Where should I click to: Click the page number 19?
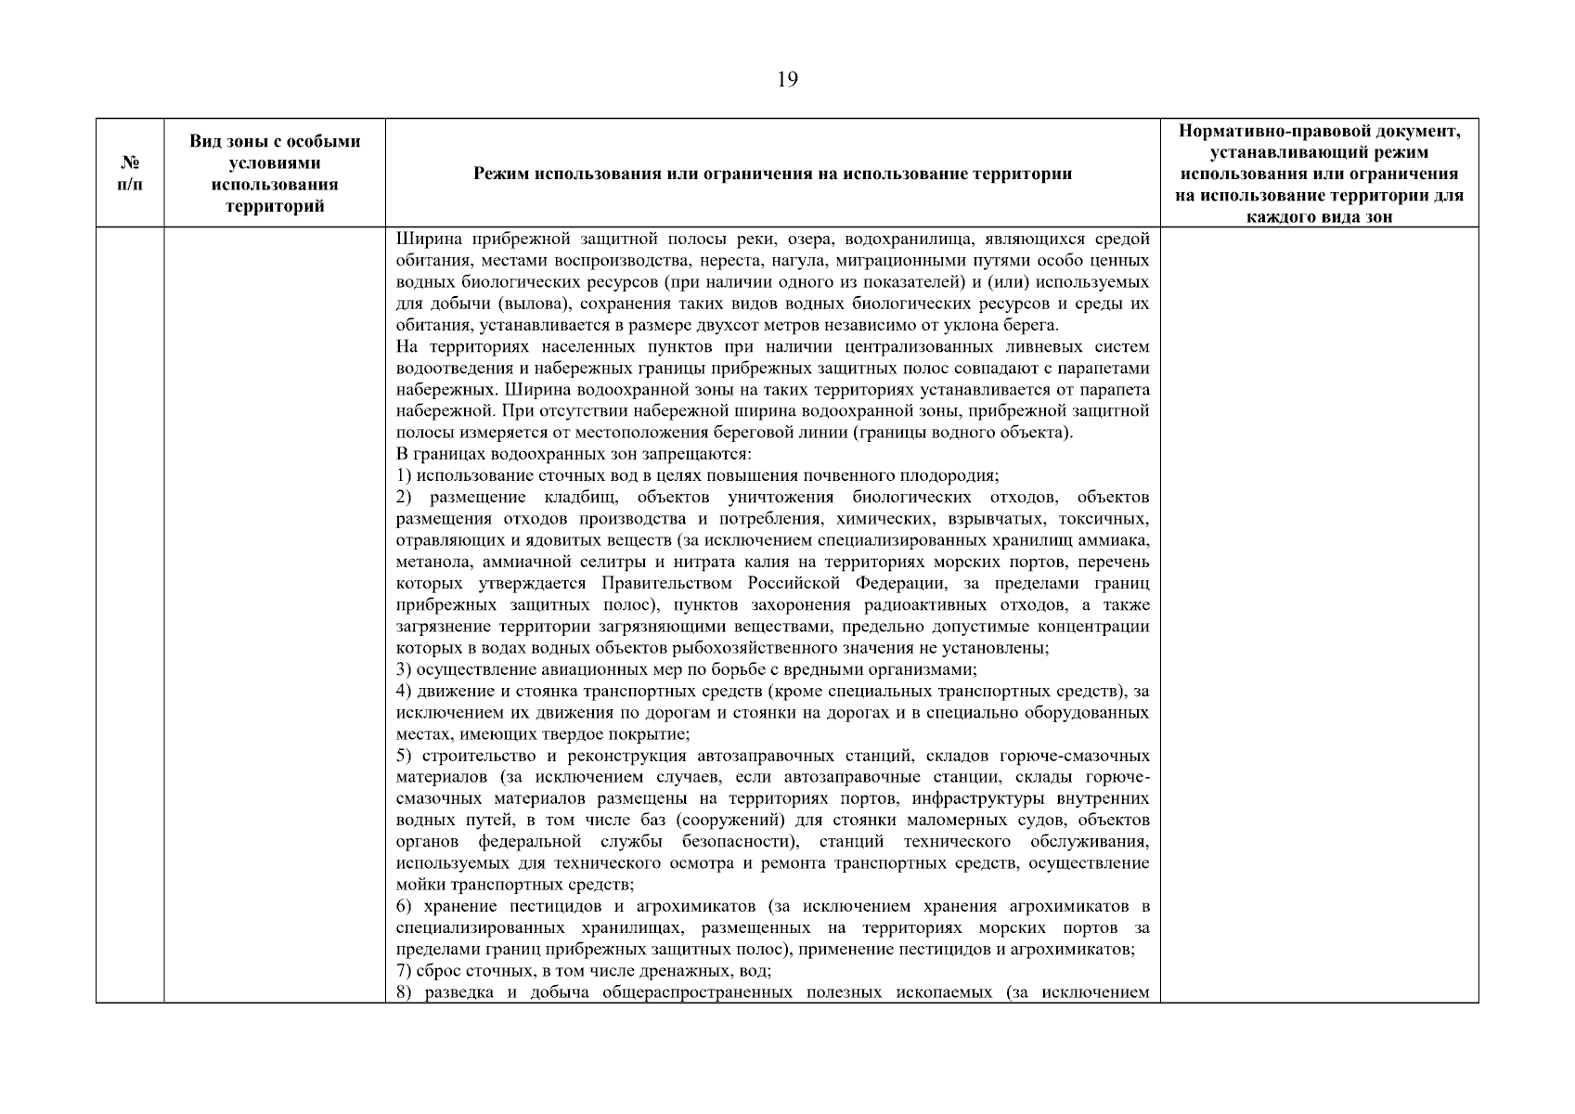point(786,80)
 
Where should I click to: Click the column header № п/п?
point(131,174)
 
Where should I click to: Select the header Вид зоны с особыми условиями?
point(275,174)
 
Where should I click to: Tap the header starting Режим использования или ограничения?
point(772,175)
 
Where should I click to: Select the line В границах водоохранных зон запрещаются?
point(573,454)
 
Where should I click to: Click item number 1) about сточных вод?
point(405,476)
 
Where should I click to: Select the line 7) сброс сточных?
point(584,971)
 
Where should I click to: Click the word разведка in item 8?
point(466,993)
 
